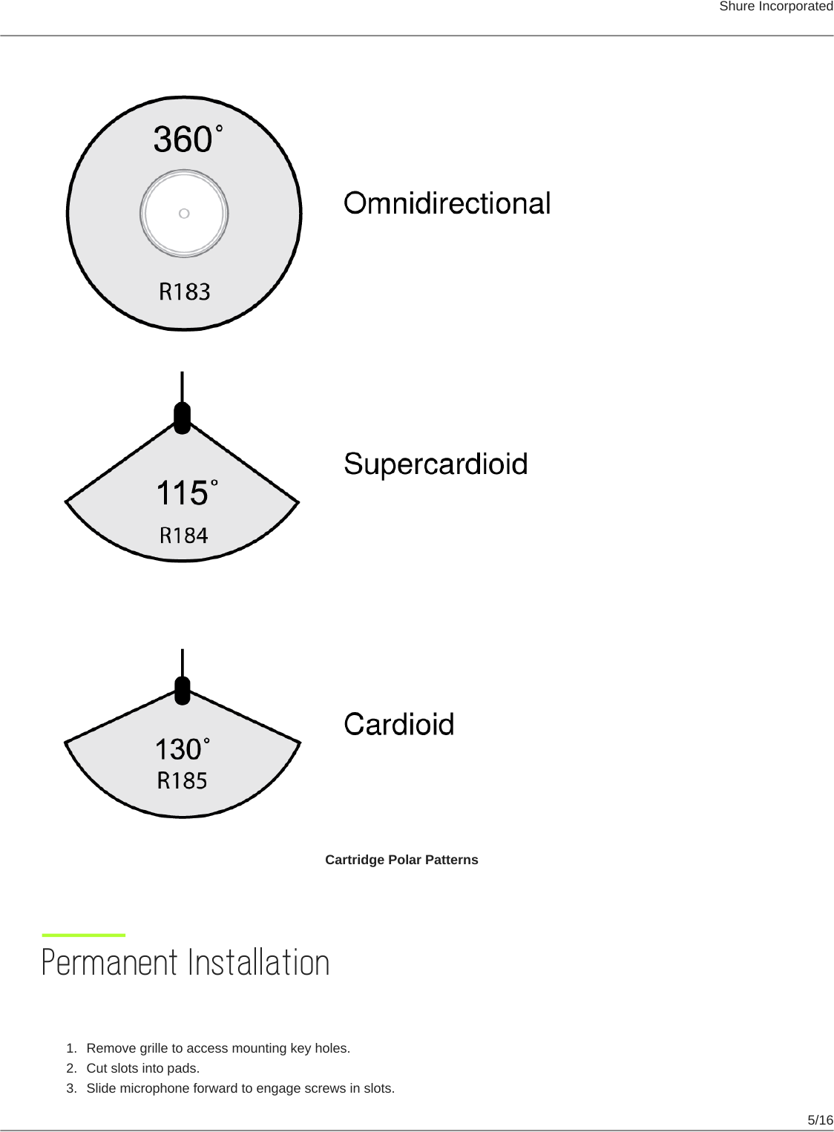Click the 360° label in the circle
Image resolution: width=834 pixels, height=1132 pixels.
[x=188, y=139]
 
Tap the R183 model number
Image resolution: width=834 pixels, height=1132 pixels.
[x=185, y=292]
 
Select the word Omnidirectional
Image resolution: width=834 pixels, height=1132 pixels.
[x=447, y=203]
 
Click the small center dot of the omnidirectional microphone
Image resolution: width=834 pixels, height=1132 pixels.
[x=184, y=214]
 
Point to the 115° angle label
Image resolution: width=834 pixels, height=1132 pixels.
[x=186, y=493]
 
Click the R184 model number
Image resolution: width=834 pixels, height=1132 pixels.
[x=184, y=535]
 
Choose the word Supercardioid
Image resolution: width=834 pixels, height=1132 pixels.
[x=436, y=464]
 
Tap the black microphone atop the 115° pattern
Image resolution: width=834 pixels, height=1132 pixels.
[x=182, y=418]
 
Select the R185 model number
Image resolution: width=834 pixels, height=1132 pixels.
[x=182, y=780]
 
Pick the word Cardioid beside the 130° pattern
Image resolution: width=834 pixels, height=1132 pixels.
[x=399, y=725]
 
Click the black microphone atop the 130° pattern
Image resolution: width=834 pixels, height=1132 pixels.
[x=183, y=691]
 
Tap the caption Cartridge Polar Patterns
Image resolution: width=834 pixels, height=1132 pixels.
[x=401, y=860]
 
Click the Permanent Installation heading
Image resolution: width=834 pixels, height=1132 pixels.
[x=185, y=963]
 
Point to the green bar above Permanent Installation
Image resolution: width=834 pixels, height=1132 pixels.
[x=84, y=935]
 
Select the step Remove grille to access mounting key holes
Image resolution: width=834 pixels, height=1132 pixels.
[x=218, y=1048]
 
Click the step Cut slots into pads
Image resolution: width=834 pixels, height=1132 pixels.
[x=142, y=1068]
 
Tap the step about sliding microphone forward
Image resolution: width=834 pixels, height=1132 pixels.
[x=240, y=1088]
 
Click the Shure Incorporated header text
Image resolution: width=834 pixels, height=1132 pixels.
[x=775, y=7]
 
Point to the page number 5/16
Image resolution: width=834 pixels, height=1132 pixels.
[x=820, y=1120]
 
